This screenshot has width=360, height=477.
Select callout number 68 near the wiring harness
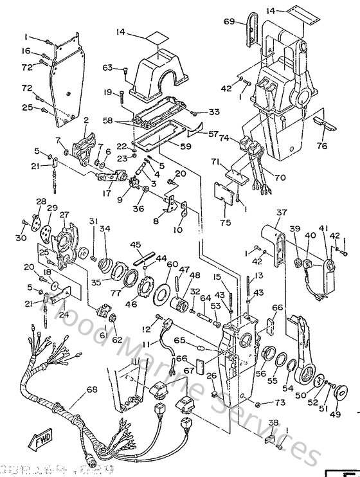92,390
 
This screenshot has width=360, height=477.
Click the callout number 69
230,22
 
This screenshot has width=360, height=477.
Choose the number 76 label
339,145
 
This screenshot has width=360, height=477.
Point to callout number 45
136,244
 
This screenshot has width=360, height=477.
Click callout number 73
279,403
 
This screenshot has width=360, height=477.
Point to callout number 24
62,315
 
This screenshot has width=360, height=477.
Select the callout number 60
172,264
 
